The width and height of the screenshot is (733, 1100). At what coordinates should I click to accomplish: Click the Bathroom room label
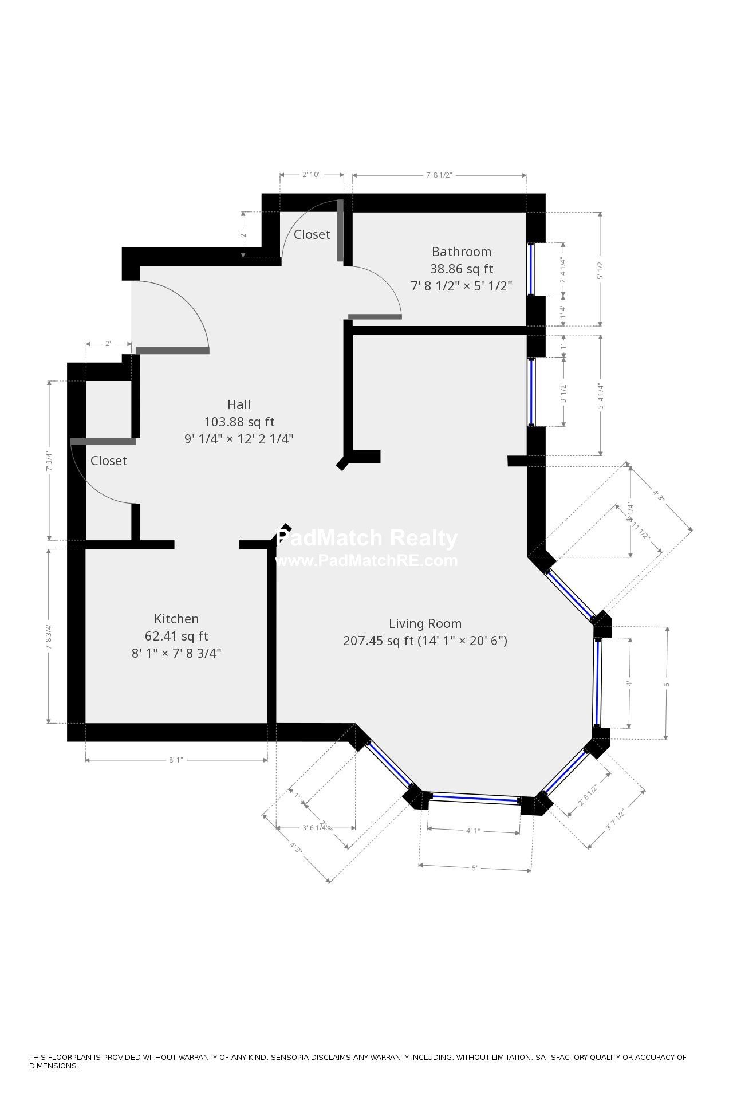pyautogui.click(x=461, y=252)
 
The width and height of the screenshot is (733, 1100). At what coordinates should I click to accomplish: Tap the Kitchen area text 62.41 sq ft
pyautogui.click(x=176, y=636)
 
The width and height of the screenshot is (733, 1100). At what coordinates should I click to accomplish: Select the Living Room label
pyautogui.click(x=425, y=623)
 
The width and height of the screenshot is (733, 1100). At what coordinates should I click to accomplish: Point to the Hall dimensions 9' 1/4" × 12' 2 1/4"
pyautogui.click(x=239, y=439)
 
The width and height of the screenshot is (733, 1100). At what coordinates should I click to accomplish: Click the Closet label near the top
pyautogui.click(x=312, y=234)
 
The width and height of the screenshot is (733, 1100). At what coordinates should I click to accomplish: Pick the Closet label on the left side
pyautogui.click(x=108, y=461)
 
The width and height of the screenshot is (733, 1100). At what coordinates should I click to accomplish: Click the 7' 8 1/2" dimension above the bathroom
pyautogui.click(x=439, y=175)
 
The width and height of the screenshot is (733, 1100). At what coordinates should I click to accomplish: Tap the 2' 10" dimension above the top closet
pyautogui.click(x=311, y=175)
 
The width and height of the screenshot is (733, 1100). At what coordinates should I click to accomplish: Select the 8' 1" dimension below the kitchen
pyautogui.click(x=175, y=760)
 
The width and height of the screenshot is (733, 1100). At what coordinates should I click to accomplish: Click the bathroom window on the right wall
pyautogui.click(x=531, y=269)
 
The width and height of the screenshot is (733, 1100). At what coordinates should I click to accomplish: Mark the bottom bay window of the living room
pyautogui.click(x=474, y=797)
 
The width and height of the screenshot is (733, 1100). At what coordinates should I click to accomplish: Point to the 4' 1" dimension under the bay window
pyautogui.click(x=473, y=831)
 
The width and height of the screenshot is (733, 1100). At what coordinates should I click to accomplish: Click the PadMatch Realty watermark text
pyautogui.click(x=367, y=539)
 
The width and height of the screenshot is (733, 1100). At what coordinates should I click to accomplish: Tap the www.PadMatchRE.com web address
pyautogui.click(x=367, y=560)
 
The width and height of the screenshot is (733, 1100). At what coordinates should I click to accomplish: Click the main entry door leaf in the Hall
pyautogui.click(x=172, y=350)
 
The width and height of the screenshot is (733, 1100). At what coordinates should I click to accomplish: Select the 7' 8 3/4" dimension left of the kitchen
pyautogui.click(x=49, y=636)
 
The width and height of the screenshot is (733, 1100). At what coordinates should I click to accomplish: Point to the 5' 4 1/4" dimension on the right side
pyautogui.click(x=600, y=396)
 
